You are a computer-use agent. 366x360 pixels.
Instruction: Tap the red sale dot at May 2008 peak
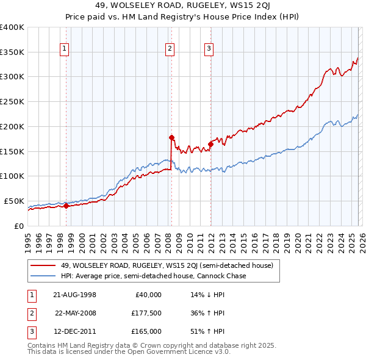pos(171,137)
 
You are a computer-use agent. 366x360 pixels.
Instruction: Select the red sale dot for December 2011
pos(210,144)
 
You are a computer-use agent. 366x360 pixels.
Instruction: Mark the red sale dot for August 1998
pos(66,206)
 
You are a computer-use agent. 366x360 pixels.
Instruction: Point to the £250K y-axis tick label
pos(12,102)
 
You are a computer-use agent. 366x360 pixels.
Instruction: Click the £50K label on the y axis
pos(14,201)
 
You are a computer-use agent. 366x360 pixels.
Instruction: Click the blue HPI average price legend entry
pos(153,276)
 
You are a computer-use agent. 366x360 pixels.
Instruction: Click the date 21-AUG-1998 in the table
pos(75,295)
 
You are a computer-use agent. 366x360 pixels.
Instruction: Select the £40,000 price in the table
pos(147,295)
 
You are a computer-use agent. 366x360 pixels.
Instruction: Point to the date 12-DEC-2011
pos(75,331)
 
